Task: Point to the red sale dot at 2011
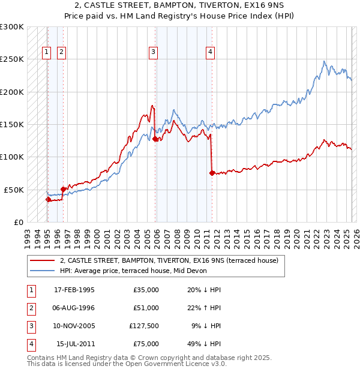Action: point(212,173)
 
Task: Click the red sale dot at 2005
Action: point(155,139)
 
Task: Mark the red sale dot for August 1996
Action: point(63,188)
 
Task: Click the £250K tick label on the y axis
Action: point(12,59)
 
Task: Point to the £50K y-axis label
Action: point(14,190)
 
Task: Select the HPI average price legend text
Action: point(133,271)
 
